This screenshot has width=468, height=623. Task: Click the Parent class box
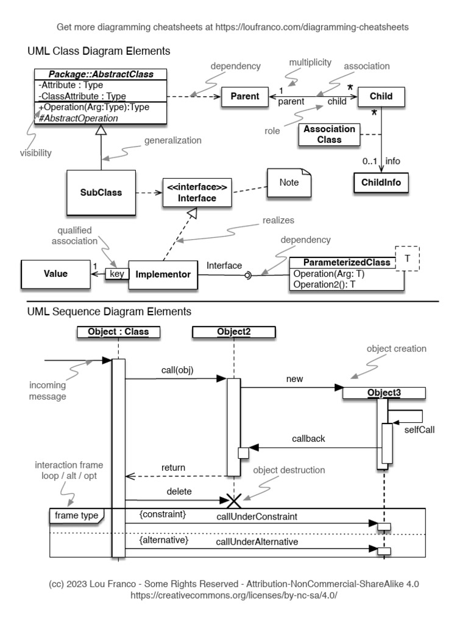(x=241, y=96)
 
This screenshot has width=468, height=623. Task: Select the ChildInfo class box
(x=381, y=182)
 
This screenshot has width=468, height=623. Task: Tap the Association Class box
(x=330, y=134)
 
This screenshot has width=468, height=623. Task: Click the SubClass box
(x=101, y=193)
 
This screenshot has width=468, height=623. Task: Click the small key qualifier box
(x=116, y=274)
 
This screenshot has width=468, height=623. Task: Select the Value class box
(x=55, y=274)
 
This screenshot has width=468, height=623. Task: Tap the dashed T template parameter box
(x=407, y=260)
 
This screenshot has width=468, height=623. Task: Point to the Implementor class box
(x=164, y=275)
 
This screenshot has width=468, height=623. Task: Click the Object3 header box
(x=384, y=393)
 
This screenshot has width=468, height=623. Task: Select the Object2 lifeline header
(x=233, y=332)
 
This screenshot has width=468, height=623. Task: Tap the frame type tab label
(x=76, y=515)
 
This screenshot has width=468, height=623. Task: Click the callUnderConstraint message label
(x=257, y=517)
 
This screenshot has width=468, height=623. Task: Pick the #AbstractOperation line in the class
(x=78, y=118)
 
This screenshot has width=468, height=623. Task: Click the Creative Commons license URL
(x=234, y=594)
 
